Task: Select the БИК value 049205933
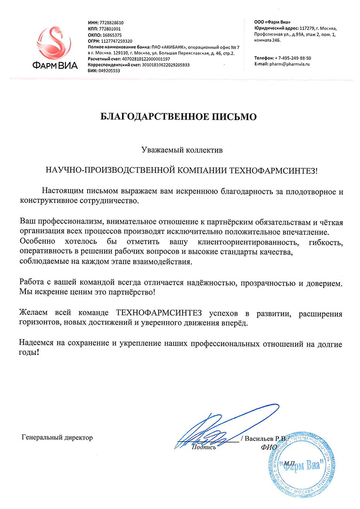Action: click(109, 71)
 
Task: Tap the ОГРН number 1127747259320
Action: click(115, 41)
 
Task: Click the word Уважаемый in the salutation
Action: click(161, 151)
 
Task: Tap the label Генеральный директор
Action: click(57, 437)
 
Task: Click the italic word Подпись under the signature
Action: click(204, 447)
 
